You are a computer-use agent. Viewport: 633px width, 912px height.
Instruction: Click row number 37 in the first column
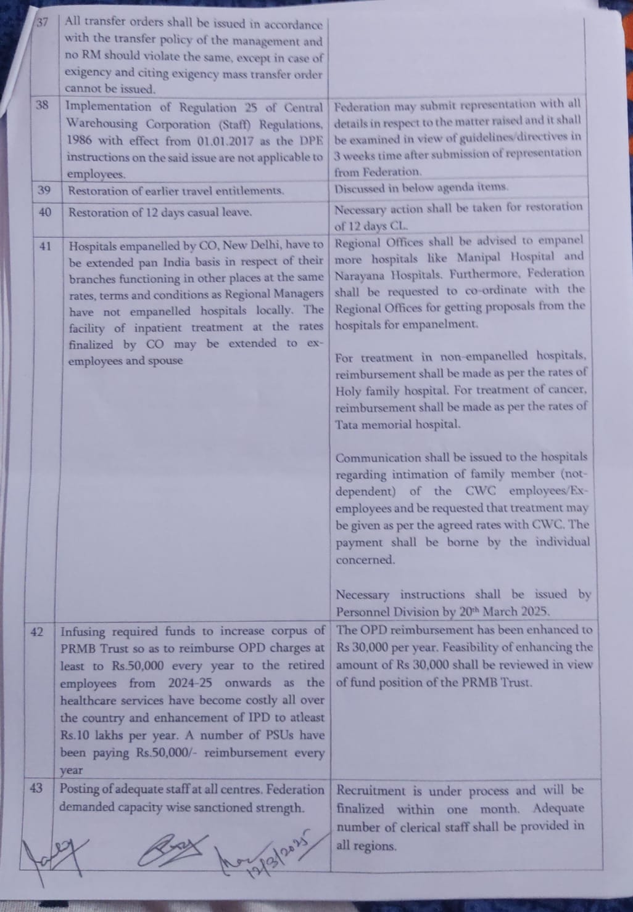43,23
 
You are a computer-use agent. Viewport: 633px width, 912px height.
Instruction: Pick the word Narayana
361,274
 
